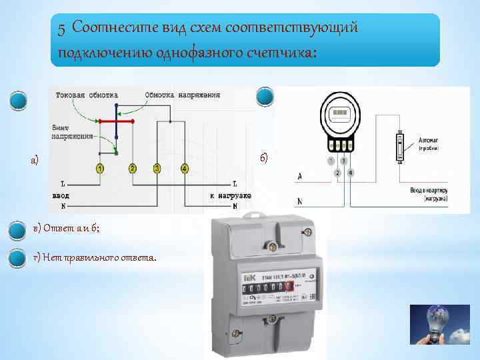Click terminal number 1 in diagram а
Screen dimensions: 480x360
coord(99,169)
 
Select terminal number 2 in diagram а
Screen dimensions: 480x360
coord(133,169)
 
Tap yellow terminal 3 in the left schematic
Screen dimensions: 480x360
coord(157,169)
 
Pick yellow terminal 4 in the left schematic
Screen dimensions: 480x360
coord(184,169)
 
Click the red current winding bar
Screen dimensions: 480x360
coord(117,121)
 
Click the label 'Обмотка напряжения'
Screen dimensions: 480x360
coord(182,95)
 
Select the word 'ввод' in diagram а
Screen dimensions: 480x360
coord(61,195)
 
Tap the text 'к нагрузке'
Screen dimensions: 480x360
coord(230,195)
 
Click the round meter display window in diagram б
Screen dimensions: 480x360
coord(341,113)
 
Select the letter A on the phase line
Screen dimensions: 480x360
coord(299,176)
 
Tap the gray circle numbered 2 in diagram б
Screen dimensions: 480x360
coord(338,173)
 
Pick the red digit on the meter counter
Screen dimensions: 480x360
coord(289,287)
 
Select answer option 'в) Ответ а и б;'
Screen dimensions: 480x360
coord(69,229)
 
